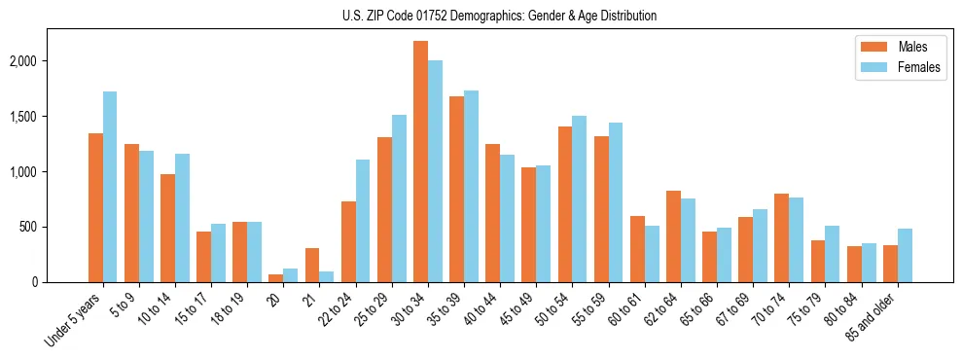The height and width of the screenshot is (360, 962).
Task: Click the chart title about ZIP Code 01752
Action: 499,16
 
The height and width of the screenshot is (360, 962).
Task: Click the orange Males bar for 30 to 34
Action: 420,162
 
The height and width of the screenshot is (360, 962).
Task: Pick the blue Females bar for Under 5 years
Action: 110,187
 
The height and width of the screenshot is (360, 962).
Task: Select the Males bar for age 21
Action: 312,265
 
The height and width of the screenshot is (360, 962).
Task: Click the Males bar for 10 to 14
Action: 167,228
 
